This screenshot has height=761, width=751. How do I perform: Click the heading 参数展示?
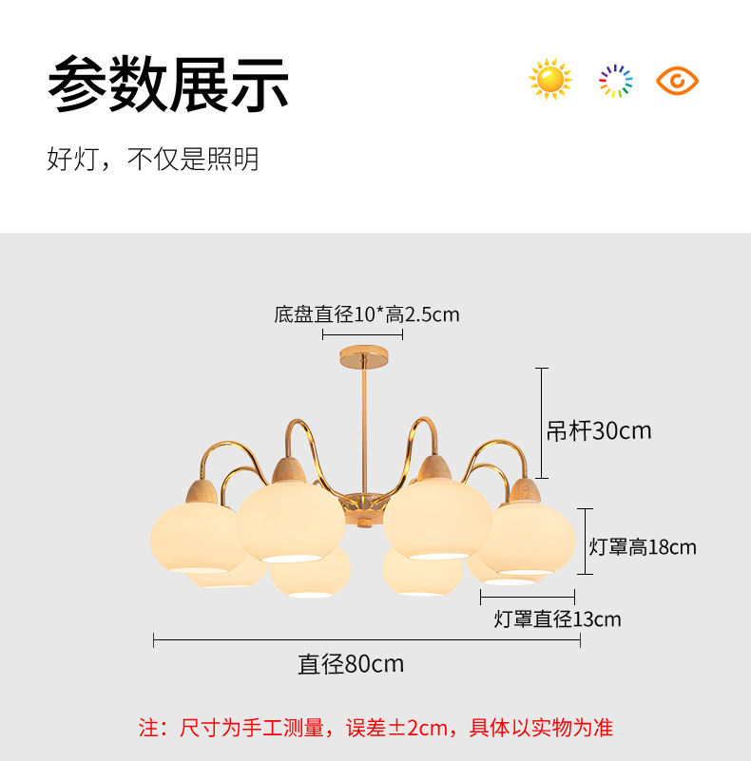click(168, 84)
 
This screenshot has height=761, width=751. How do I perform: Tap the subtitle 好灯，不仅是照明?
click(152, 159)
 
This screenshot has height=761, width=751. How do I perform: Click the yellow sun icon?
click(549, 80)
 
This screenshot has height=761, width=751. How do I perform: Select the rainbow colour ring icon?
click(615, 81)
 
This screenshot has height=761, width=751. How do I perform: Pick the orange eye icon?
click(677, 81)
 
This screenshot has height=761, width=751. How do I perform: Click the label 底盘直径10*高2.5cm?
click(367, 314)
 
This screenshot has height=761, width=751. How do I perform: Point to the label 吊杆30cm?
click(599, 430)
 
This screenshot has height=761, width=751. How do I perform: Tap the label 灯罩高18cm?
click(643, 547)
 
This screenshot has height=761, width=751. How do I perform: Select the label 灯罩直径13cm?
click(557, 619)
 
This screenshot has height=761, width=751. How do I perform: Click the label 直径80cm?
click(351, 664)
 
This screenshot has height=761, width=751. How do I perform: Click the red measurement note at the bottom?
click(375, 728)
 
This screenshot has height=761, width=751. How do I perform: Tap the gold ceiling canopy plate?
click(364, 356)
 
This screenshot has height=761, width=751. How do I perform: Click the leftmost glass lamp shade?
click(197, 538)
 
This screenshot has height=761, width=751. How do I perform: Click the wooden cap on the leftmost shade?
click(202, 492)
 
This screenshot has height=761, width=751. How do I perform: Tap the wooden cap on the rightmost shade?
click(525, 491)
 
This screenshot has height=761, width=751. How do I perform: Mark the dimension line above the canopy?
click(362, 334)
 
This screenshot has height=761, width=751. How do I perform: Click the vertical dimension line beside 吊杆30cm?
click(542, 423)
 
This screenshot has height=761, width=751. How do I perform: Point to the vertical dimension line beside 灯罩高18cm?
click(585, 542)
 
